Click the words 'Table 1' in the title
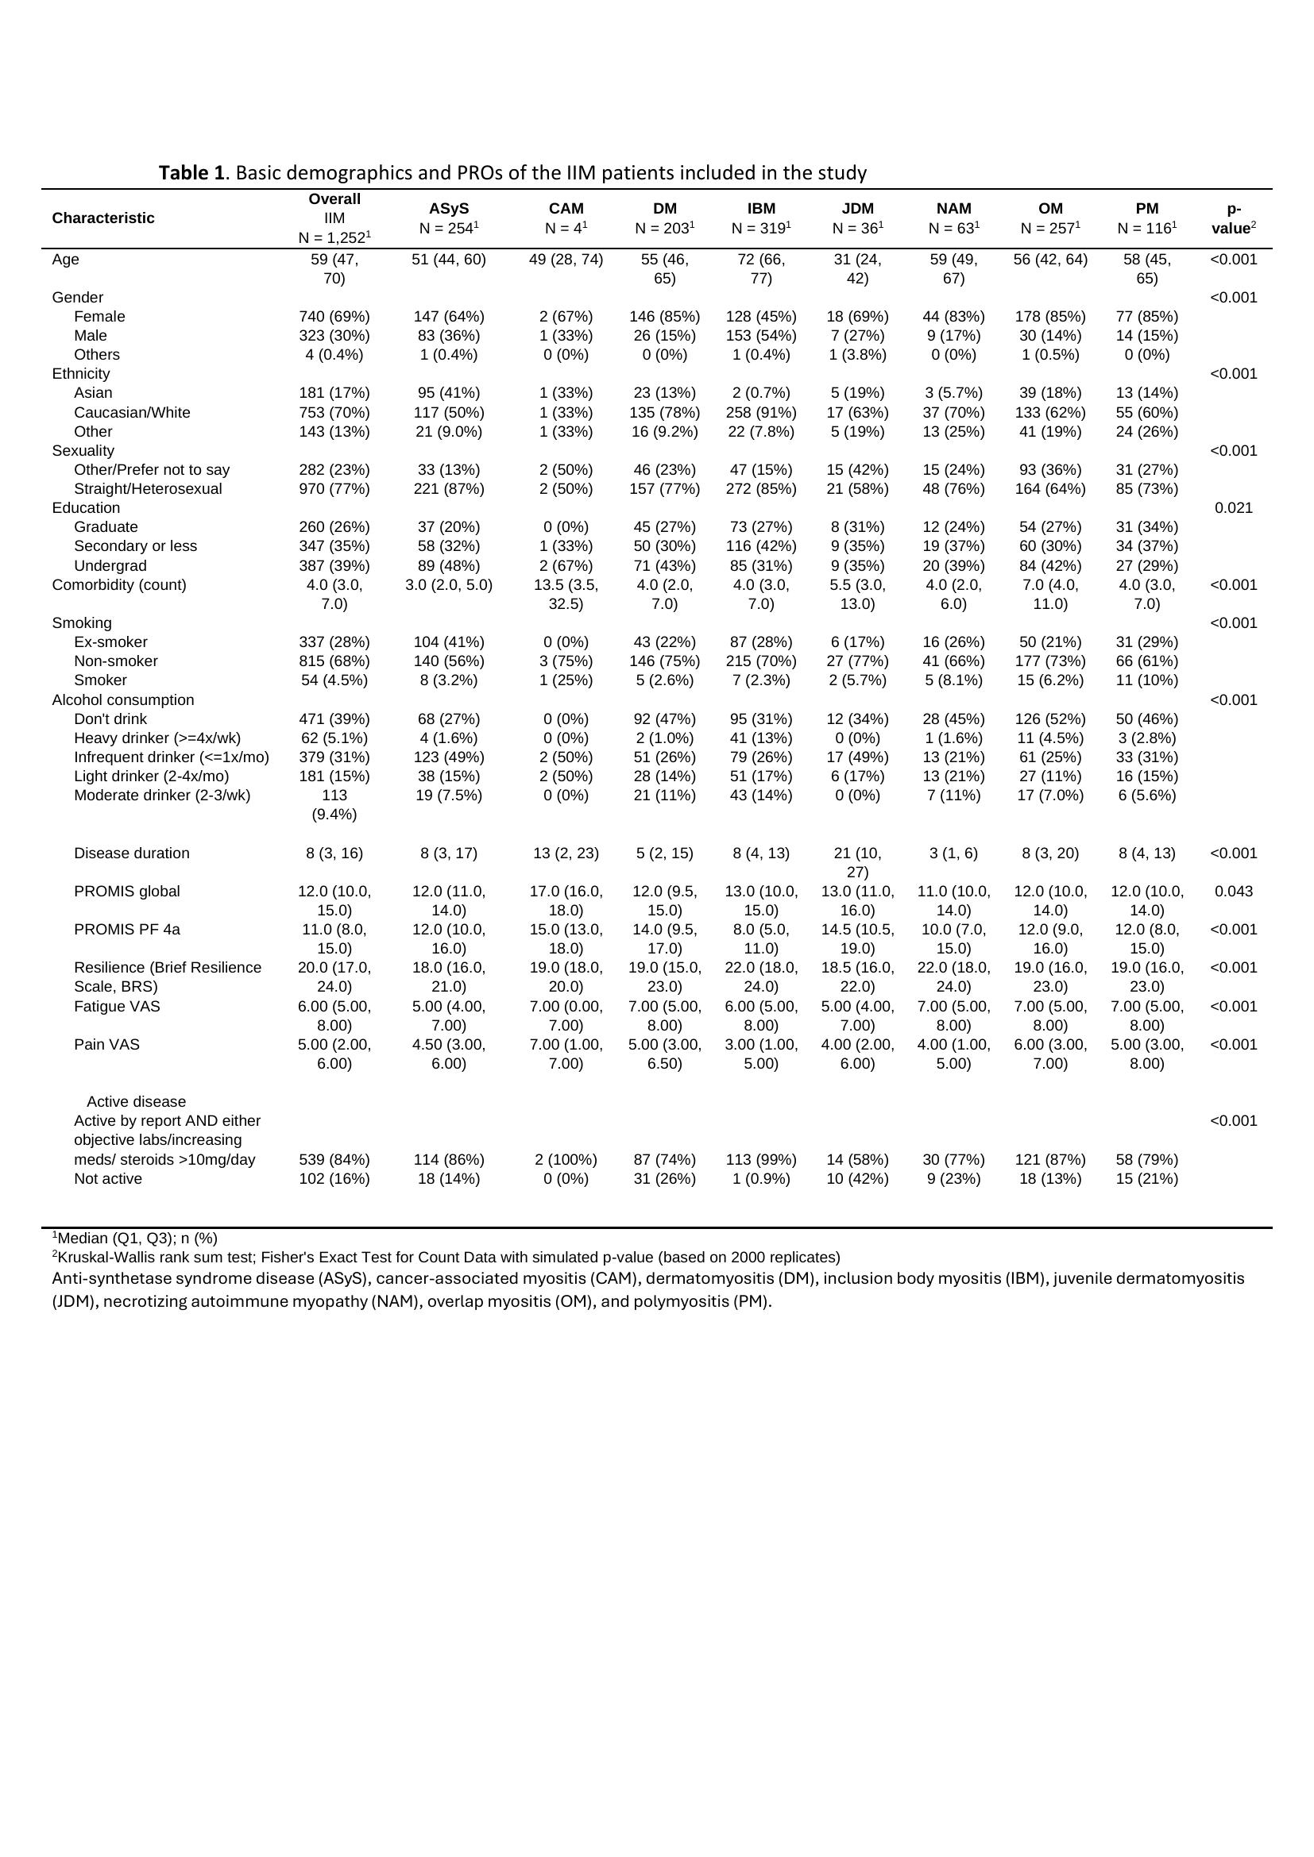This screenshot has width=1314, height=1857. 191,172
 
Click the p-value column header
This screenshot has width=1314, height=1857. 1233,218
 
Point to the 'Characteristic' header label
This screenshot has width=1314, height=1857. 102,218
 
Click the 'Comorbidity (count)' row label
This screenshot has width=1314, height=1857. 119,585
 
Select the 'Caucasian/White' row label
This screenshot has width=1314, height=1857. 132,413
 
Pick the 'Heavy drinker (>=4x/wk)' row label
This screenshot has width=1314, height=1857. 157,738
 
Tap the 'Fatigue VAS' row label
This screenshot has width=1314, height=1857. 117,1006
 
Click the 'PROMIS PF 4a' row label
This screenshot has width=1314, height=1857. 127,930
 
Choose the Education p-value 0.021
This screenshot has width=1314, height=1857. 1233,508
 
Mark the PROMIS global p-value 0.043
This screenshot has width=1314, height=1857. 1233,892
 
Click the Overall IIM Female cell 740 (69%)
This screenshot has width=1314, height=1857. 334,316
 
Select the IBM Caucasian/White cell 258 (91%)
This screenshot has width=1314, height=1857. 760,413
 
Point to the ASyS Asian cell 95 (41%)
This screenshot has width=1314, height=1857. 448,393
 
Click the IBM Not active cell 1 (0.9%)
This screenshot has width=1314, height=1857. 760,1178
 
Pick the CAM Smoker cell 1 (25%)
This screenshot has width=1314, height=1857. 566,680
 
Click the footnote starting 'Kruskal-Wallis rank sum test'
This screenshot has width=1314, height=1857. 448,1257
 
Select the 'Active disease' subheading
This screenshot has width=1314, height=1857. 136,1102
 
